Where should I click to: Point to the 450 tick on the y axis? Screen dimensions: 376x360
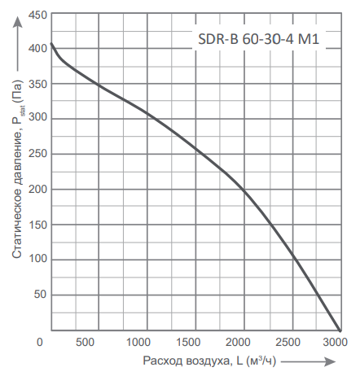[37, 14]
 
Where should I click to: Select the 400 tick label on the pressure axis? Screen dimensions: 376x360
[37, 49]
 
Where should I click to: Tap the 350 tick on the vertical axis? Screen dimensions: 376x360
[37, 84]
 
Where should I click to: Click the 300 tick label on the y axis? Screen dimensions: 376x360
[37, 119]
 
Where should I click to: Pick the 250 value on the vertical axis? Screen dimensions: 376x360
[37, 154]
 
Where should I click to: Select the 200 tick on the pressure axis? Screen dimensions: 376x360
[37, 190]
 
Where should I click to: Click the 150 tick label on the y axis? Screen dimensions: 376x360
[37, 225]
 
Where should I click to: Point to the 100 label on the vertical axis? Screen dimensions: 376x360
[37, 260]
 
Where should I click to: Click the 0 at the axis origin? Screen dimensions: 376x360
[40, 341]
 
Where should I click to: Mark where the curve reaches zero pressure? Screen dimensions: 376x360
[340, 329]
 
